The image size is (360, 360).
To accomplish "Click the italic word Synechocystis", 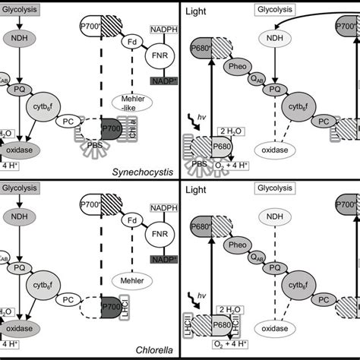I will [x=148, y=172].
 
